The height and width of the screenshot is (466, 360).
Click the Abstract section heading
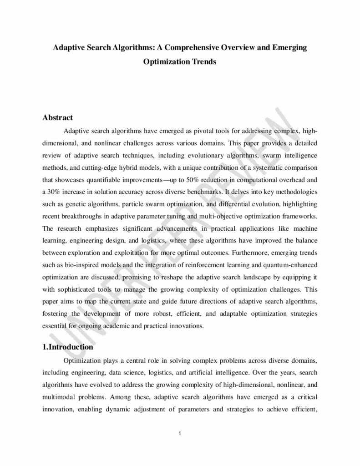57,118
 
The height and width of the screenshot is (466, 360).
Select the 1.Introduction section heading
67,347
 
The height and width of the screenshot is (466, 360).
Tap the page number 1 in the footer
180,432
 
